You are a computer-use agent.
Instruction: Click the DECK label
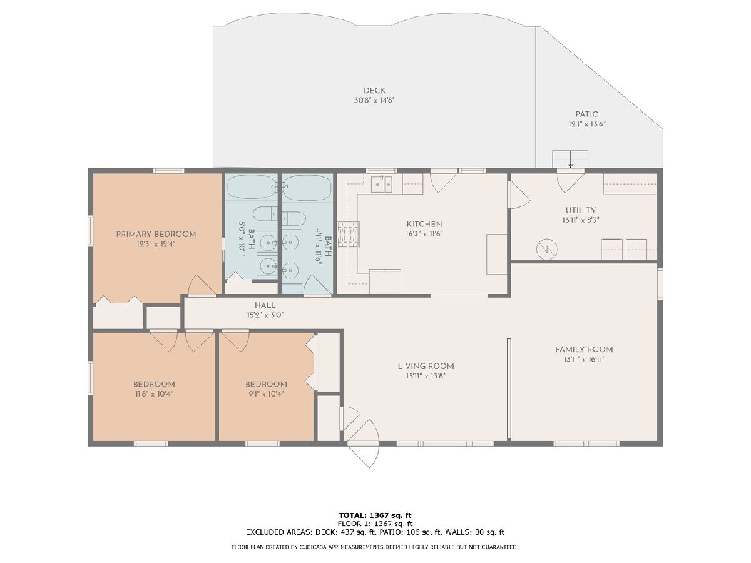[374, 91]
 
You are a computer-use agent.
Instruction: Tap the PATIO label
[587, 114]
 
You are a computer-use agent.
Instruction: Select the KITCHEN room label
[424, 224]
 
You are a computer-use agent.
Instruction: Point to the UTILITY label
[581, 210]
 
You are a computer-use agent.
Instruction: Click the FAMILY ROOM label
[584, 349]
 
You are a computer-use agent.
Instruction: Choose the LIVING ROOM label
[426, 366]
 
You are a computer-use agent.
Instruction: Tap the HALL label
[265, 305]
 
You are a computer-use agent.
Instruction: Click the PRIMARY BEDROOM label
[156, 235]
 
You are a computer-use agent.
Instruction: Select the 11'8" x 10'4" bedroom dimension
[154, 394]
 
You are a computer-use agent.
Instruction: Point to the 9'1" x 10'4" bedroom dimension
[266, 394]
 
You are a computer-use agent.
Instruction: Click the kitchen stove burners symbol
[349, 235]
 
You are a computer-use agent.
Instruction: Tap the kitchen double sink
[382, 184]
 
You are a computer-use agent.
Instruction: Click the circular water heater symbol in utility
[547, 249]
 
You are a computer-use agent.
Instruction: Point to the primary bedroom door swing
[202, 285]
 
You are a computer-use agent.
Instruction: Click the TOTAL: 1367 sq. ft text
[375, 515]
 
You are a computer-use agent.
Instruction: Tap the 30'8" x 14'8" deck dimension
[374, 101]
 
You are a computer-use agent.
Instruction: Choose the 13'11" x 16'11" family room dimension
[584, 359]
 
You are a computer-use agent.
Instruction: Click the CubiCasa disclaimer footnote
[375, 547]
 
